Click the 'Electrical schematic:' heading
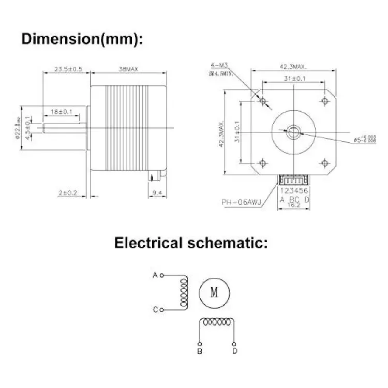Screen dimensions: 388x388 (x=191, y=243)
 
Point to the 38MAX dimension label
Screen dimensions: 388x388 (x=128, y=69)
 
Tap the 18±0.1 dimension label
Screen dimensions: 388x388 (x=62, y=112)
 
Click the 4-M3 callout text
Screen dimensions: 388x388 (x=220, y=65)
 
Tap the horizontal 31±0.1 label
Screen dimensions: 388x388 (x=293, y=78)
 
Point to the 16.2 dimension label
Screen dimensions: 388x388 (x=293, y=205)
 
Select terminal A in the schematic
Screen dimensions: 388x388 (x=155, y=275)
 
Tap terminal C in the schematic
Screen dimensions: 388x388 (x=155, y=310)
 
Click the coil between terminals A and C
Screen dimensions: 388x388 (x=183, y=292)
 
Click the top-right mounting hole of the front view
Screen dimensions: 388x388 (x=324, y=100)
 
